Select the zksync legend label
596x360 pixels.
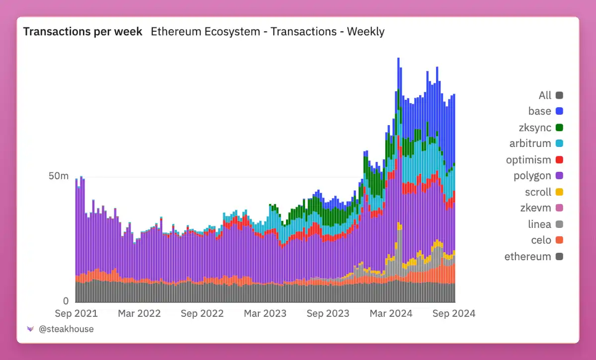534,128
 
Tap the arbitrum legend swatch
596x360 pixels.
559,144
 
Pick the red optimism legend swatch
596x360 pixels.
559,160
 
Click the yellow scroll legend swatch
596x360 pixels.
559,192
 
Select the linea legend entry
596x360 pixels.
539,224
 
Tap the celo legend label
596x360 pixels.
541,240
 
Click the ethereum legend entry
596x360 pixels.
527,257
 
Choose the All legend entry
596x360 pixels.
545,95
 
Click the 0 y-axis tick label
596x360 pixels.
66,301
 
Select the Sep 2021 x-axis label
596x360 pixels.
76,313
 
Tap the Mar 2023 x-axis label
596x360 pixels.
265,313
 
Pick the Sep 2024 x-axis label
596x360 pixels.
454,313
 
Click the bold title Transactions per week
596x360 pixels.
83,32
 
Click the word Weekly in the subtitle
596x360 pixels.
366,32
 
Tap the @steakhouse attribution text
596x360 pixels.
66,329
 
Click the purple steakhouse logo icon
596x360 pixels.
30,329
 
